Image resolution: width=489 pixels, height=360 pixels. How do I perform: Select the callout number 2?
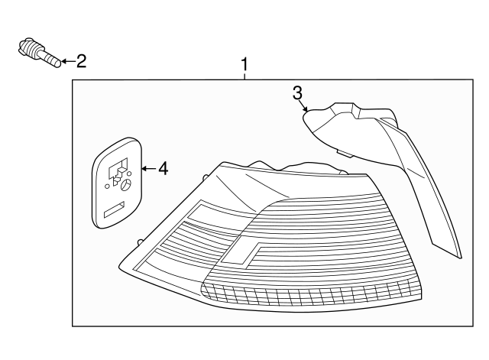81,60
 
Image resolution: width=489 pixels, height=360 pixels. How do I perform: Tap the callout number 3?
297,93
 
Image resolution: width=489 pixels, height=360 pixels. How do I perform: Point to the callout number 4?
162,168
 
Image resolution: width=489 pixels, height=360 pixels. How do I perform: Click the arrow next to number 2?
66,60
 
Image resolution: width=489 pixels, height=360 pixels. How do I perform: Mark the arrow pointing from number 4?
147,168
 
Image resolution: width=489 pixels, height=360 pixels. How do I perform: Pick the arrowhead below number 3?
306,110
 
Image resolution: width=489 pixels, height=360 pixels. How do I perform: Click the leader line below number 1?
244,75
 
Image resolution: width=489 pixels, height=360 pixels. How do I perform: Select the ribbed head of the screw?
30,49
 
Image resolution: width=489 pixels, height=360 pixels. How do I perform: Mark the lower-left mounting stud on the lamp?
138,242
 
